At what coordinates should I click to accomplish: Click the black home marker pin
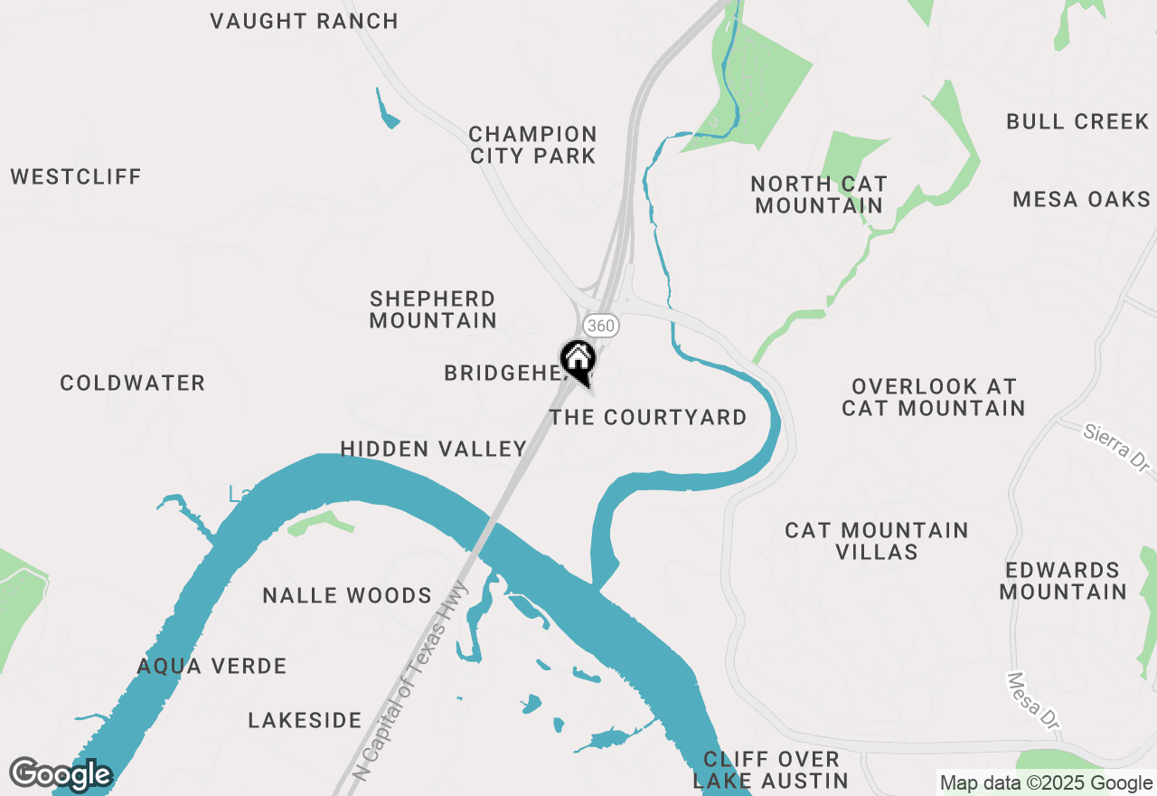(578, 361)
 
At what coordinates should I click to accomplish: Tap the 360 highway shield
(601, 325)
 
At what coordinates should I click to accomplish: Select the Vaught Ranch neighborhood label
(304, 21)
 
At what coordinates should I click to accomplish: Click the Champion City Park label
(533, 145)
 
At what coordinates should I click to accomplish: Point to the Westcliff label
(76, 176)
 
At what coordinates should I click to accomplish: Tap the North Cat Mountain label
(819, 194)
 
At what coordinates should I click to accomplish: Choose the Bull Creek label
(1077, 121)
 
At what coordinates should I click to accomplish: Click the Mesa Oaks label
(1081, 199)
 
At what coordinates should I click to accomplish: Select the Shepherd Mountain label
(433, 309)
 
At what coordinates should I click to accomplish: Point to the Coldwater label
(133, 384)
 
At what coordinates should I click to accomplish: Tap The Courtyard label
(648, 417)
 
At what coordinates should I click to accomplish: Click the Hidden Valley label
(433, 449)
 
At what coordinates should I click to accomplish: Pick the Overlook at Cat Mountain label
(933, 397)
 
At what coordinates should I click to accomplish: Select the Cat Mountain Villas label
(876, 541)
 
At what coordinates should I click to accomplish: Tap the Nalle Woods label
(347, 595)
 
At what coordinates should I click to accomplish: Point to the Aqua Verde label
(212, 667)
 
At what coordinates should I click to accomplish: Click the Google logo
(61, 774)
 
